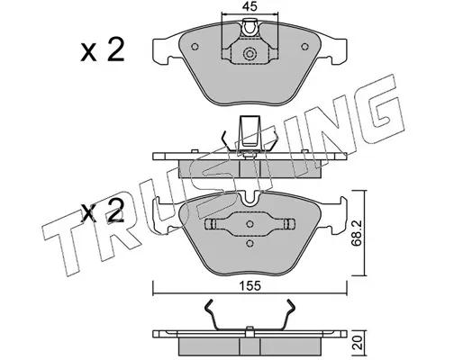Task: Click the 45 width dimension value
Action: point(250,6)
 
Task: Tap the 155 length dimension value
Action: point(250,286)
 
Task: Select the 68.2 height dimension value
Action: point(357,232)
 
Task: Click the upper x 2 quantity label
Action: point(103,50)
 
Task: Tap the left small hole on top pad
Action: point(195,47)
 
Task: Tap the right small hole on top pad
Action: point(304,47)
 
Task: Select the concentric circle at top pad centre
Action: point(250,54)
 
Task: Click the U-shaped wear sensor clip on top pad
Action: point(250,28)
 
